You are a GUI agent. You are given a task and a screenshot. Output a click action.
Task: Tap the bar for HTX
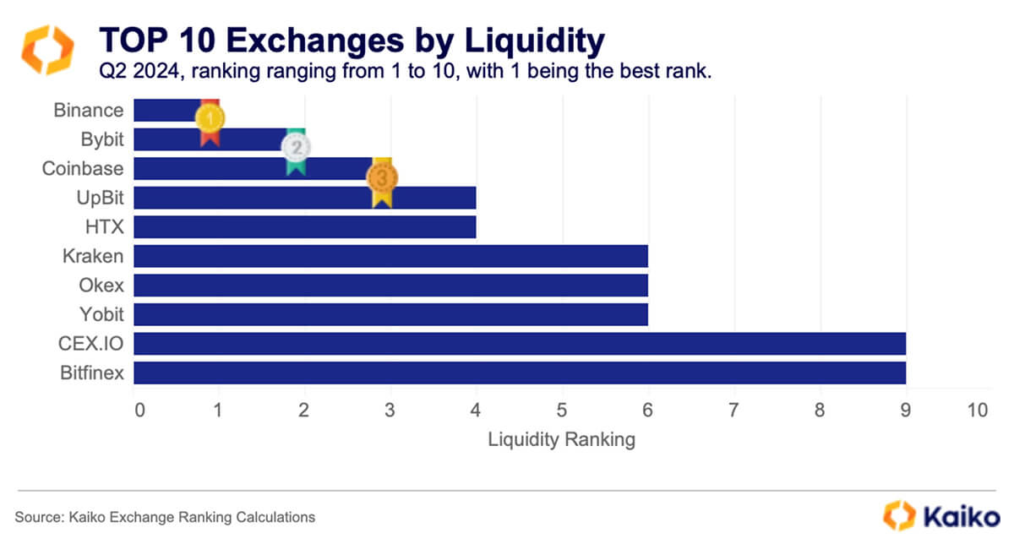click(304, 227)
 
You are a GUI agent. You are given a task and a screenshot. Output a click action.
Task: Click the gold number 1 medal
click(210, 119)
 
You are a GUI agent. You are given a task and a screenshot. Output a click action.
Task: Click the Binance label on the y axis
click(89, 111)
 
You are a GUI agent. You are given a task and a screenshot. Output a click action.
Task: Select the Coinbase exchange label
click(83, 168)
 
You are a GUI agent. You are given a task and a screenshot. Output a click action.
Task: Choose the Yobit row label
click(101, 314)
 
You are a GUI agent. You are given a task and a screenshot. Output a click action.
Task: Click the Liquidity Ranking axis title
click(562, 440)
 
